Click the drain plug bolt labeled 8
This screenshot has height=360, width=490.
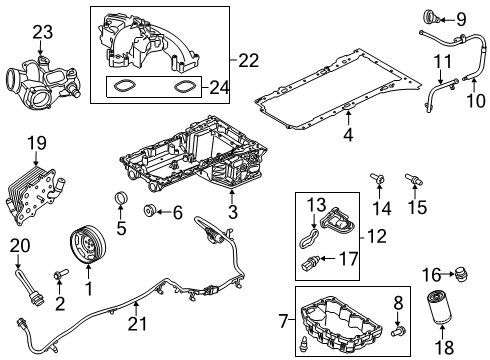[x=399, y=326]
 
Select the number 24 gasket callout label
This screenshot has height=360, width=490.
[x=214, y=87]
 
